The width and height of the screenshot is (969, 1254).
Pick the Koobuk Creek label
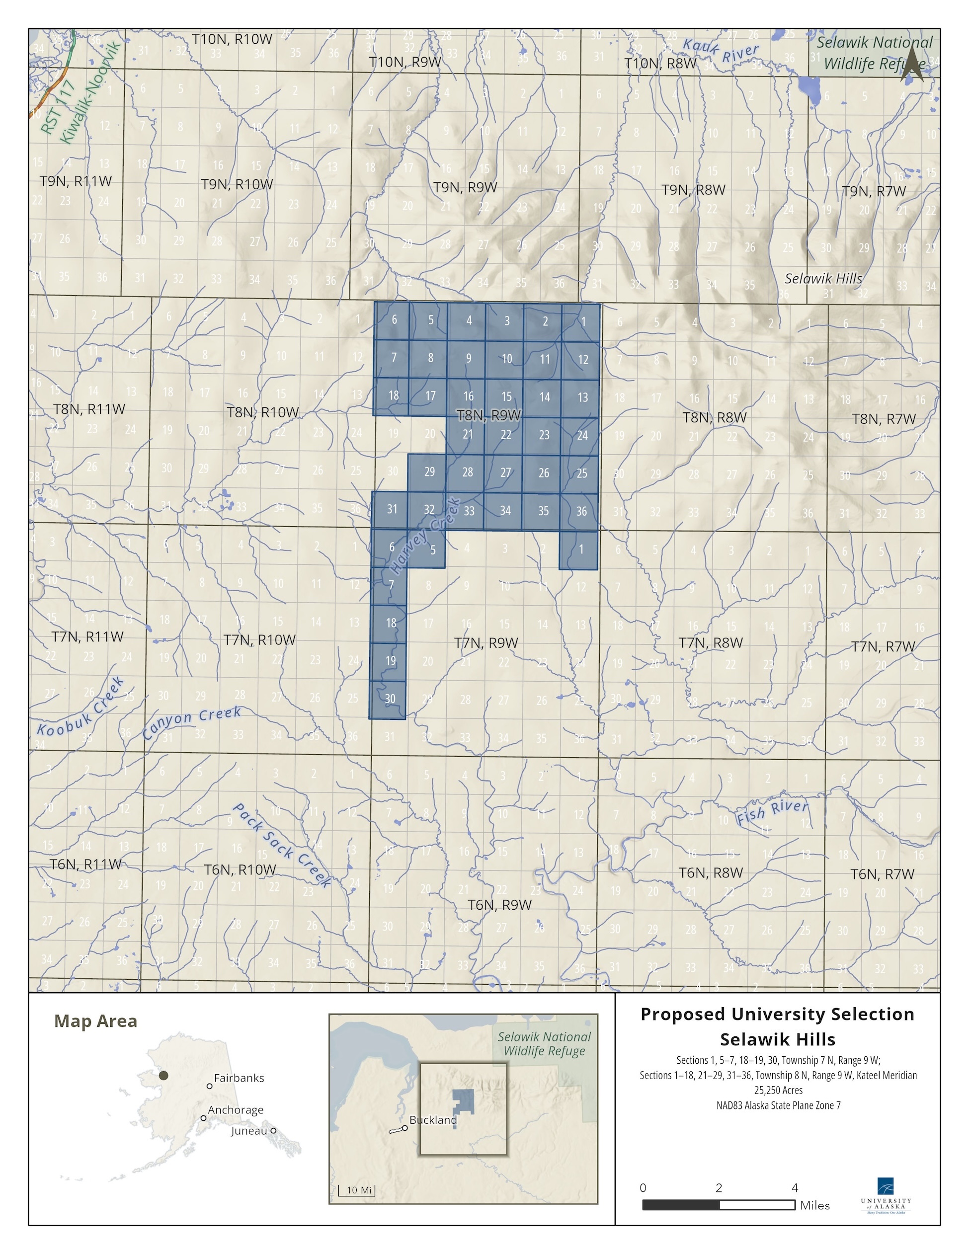pyautogui.click(x=80, y=707)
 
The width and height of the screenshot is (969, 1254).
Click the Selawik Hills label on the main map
pyautogui.click(x=823, y=279)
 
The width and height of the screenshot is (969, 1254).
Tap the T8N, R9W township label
pyautogui.click(x=488, y=414)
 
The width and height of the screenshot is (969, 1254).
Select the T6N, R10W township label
pyautogui.click(x=240, y=869)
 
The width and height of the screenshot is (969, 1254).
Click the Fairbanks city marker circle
pyautogui.click(x=210, y=1087)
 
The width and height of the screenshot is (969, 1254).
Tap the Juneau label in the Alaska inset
pyautogui.click(x=249, y=1131)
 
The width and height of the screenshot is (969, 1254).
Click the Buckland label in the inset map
pyautogui.click(x=433, y=1120)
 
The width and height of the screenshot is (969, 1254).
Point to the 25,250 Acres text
pyautogui.click(x=778, y=1090)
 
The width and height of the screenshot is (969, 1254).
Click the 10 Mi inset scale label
pyautogui.click(x=359, y=1190)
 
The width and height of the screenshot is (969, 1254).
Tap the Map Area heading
pyautogui.click(x=95, y=1021)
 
